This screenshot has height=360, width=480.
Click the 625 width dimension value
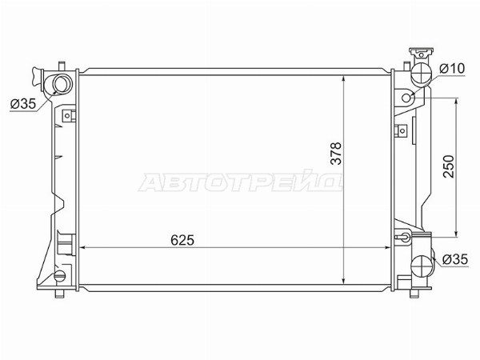click(x=182, y=240)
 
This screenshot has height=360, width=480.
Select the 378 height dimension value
click(x=336, y=154)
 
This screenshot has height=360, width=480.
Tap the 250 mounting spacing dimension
click(x=449, y=166)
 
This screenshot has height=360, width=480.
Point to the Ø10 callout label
click(x=452, y=68)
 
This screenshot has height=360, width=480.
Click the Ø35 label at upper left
click(x=23, y=104)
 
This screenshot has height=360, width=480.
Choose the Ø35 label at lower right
click(x=455, y=259)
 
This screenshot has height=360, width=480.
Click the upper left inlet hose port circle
click(x=62, y=84)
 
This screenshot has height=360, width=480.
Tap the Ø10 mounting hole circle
click(x=406, y=98)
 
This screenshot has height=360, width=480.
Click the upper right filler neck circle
click(x=422, y=73)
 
